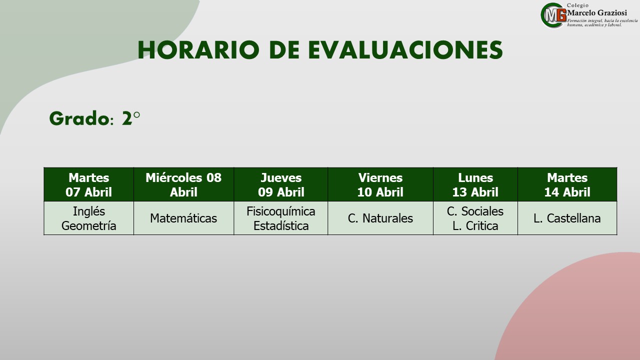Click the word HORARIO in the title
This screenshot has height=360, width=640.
(x=198, y=50)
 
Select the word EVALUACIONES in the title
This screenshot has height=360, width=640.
(x=405, y=50)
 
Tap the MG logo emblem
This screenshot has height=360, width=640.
(x=553, y=15)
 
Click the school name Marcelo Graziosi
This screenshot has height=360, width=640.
(x=597, y=13)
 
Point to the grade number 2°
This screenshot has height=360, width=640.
(x=131, y=118)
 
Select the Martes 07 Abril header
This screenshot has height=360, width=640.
(x=89, y=184)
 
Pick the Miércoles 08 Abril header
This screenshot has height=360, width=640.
(x=183, y=184)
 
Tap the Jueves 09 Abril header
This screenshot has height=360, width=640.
(x=281, y=184)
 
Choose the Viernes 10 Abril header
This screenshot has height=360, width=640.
(x=380, y=184)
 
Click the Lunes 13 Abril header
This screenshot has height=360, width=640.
(x=475, y=184)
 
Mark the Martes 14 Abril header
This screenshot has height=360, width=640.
(x=567, y=184)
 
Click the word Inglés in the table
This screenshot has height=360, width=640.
(x=89, y=211)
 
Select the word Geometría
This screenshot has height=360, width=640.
(x=89, y=225)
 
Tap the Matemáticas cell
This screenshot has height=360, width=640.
(x=183, y=218)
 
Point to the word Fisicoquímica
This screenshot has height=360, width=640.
(x=281, y=211)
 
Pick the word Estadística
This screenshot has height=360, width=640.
(x=281, y=225)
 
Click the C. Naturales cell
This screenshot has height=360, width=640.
(x=380, y=218)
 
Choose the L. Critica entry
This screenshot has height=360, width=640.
(x=475, y=225)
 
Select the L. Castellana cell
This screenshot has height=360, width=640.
(x=567, y=218)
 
